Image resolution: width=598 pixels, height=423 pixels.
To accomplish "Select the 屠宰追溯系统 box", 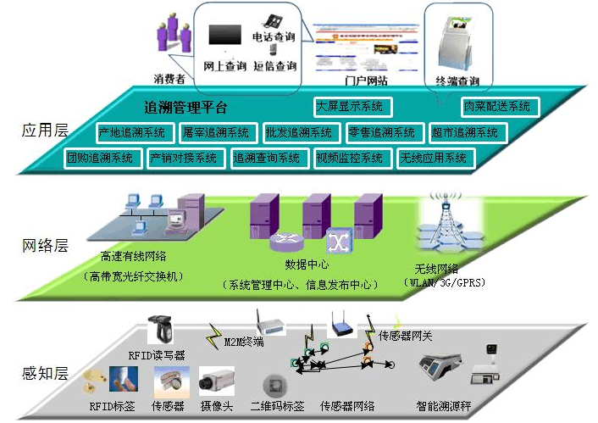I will (215, 133).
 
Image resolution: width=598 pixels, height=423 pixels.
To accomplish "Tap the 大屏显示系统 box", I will (349, 107).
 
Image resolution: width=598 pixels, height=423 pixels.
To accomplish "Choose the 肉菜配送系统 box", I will (497, 107).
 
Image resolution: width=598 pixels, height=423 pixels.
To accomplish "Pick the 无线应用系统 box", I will (433, 158).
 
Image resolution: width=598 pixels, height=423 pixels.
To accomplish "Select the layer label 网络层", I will (45, 247).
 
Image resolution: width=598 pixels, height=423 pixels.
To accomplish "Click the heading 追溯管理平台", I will (185, 109).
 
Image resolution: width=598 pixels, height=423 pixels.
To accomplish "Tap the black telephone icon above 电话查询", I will (274, 19).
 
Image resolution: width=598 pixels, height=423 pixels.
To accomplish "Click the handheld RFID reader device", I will (163, 330).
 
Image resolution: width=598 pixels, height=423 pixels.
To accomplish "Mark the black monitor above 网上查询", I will (224, 36).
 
